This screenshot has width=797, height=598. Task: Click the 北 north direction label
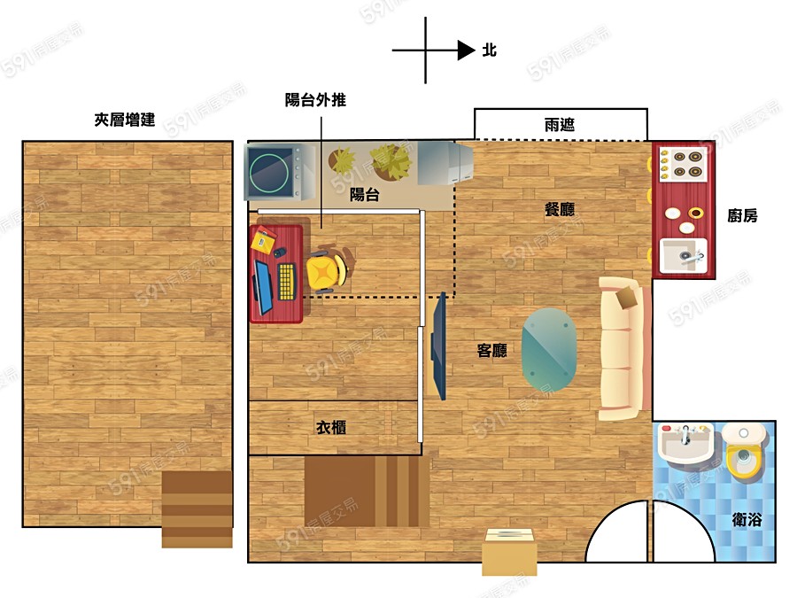pos(490,50)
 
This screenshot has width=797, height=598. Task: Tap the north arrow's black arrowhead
pos(466,50)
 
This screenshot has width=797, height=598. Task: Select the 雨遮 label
pos(559,125)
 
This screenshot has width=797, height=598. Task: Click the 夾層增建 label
pos(125,120)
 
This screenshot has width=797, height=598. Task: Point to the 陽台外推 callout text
pos(315,99)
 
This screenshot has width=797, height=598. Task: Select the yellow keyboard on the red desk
pos(287,281)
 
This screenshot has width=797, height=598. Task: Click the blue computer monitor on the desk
pos(263,287)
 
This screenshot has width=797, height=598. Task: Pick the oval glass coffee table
pos(549,349)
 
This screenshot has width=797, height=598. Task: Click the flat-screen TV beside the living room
pos(439,346)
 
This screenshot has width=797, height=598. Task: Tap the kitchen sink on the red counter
pos(683,256)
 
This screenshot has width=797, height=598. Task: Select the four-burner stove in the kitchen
pos(682,164)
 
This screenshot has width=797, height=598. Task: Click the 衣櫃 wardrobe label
pos(331,428)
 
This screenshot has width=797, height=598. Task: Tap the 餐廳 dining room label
pos(559,209)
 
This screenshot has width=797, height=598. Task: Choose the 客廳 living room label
pos(492,350)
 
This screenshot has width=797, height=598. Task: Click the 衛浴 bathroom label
pos(747,519)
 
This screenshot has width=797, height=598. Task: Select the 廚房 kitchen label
pos(742,215)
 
